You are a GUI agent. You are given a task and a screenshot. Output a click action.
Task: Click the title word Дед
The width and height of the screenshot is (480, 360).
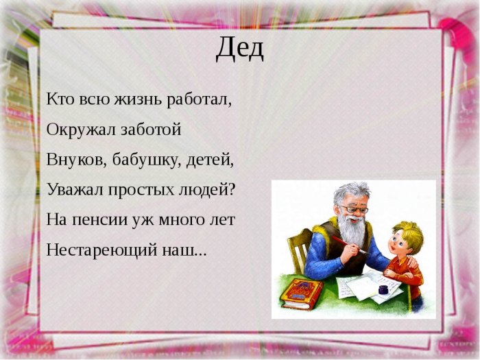pos(240,49)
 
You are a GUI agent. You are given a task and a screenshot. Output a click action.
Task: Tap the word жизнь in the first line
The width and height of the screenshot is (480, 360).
pos(138,99)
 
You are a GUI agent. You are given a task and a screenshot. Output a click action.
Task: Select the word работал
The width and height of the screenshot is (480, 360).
pos(200,100)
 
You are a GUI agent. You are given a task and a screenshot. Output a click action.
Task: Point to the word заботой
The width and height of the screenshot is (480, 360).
pos(152,130)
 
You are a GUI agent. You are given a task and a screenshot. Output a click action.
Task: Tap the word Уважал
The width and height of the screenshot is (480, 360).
pos(75,190)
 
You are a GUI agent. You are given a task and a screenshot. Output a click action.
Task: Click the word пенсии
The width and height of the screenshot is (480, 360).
pos(99,220)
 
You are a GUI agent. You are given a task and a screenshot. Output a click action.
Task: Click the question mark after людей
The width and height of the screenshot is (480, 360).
pos(232,190)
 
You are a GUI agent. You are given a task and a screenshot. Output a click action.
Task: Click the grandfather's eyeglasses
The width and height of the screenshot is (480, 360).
pos(354,209)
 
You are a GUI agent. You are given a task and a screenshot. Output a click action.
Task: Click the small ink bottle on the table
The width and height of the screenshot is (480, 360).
pos(383,289)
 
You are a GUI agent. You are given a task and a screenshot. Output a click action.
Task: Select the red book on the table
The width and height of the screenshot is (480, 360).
pos(301,293)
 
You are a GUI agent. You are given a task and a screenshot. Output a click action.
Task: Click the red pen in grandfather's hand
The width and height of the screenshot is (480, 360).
pos(350,245)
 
